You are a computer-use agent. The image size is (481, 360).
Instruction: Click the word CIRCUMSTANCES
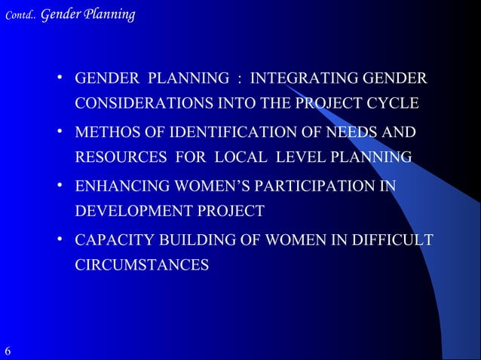(x=142, y=265)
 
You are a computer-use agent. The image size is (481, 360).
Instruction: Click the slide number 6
(x=8, y=352)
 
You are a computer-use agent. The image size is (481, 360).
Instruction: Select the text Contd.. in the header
(x=18, y=14)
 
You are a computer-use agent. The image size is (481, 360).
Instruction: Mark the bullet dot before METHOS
(x=60, y=133)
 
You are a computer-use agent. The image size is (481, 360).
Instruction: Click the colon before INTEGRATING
(x=239, y=79)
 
